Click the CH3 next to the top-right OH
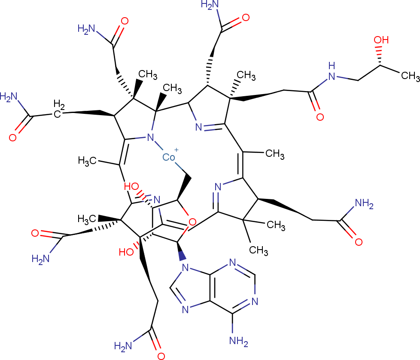[x=411, y=76]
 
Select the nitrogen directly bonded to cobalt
[x=150, y=137]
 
